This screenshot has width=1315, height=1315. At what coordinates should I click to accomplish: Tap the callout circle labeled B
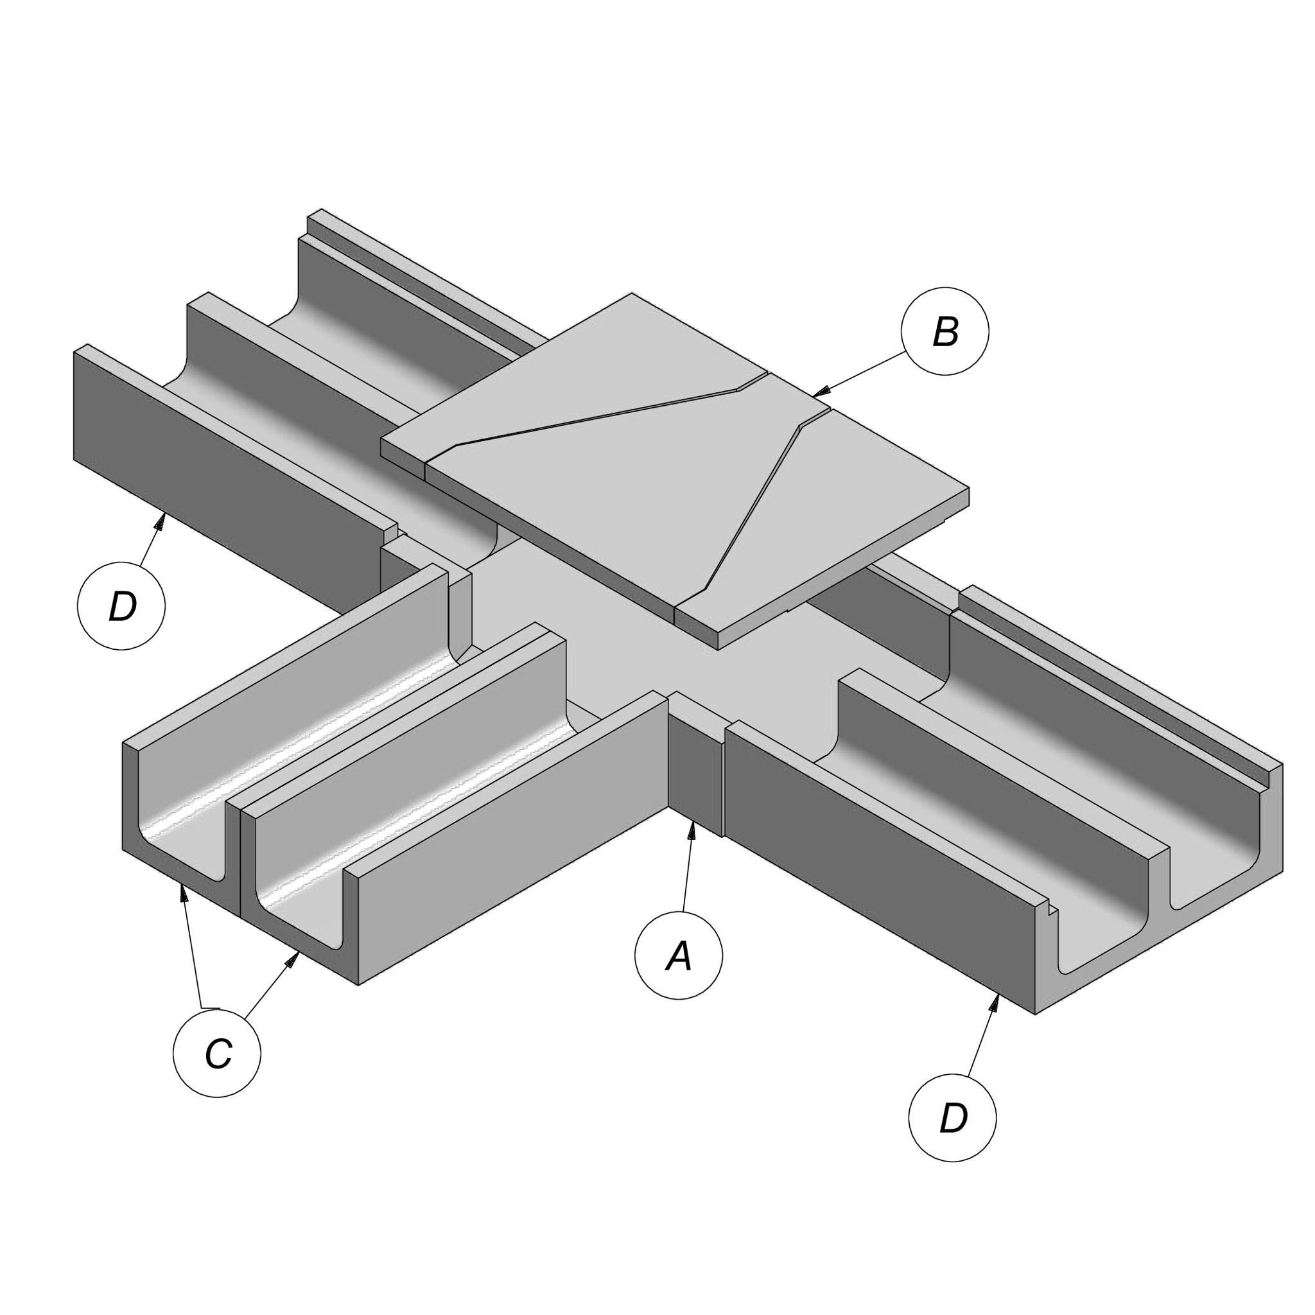pyautogui.click(x=945, y=331)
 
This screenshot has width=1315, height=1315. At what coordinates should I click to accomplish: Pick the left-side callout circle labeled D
pyautogui.click(x=121, y=605)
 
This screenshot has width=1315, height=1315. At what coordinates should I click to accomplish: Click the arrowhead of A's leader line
pyautogui.click(x=692, y=831)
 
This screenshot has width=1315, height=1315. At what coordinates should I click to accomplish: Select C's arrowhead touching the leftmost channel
pyautogui.click(x=183, y=894)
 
